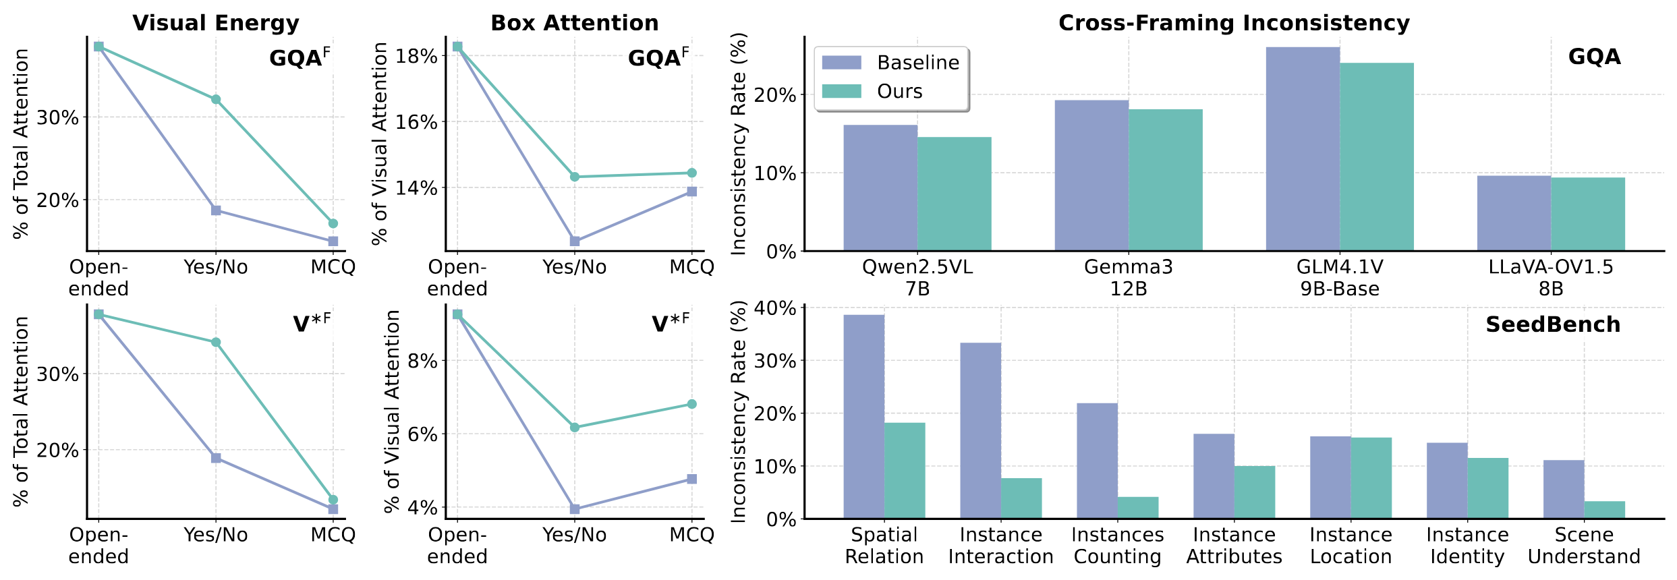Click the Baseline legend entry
890,63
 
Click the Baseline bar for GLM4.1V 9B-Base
1303,149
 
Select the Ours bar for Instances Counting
1138,508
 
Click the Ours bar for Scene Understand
1604,510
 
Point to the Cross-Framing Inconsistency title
1234,23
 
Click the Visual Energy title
216,23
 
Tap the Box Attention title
574,23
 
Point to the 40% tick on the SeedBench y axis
778,308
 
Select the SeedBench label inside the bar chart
1553,324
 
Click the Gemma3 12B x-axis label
1128,278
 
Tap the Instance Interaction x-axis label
1000,546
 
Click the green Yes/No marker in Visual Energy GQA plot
216,99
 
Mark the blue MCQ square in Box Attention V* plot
691,479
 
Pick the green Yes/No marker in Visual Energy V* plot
216,342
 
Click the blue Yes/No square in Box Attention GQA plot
575,241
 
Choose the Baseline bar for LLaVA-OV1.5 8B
1514,213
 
